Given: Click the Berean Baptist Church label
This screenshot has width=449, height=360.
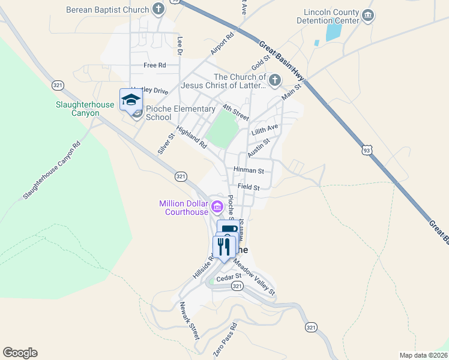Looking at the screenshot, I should pos(107,10).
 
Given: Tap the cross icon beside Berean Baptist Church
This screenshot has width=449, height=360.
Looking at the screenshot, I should pos(158,9).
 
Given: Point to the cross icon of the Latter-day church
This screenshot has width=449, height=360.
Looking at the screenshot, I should pos(275,80).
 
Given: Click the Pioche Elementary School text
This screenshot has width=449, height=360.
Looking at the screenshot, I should pos(180,113).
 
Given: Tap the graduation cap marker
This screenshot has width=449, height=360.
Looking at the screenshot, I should pos(131,100).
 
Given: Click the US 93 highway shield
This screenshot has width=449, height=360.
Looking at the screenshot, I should pos(366,148).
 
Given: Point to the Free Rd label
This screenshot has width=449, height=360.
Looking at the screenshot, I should pos(154,65).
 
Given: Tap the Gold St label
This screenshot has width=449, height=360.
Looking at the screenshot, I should pos(262,61).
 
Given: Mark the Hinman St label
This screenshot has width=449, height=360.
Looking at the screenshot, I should pos(249,171).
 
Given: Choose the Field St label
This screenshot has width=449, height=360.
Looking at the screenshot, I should pos(248,187).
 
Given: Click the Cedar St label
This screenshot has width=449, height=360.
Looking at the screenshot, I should pos(228,277).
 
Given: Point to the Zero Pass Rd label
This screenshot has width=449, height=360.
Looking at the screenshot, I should pos(225,340).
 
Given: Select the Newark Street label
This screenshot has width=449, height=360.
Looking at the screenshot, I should pos(190,322).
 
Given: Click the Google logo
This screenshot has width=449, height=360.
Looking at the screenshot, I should pos(20,353).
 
